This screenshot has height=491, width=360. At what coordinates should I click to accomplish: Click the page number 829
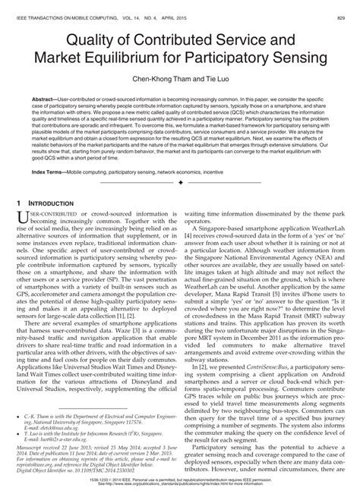point(348,5)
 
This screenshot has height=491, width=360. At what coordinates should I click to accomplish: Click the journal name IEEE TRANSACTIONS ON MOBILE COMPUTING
point(56,5)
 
